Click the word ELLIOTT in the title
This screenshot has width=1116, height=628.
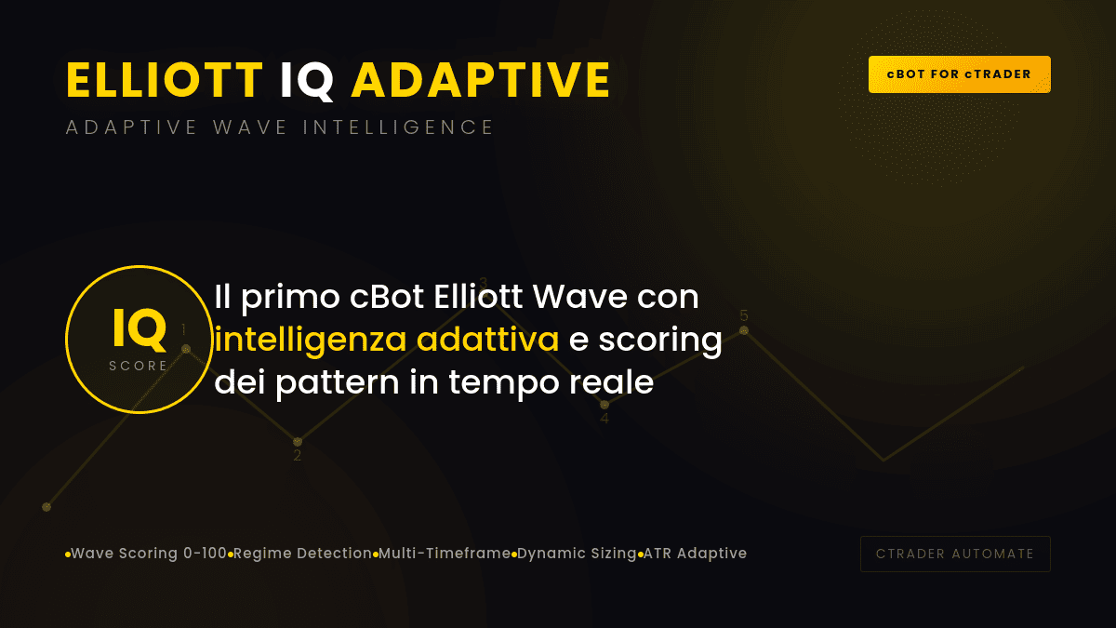click(x=165, y=81)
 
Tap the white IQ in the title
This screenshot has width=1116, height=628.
click(x=307, y=81)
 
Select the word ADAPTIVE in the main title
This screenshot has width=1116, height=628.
click(x=481, y=81)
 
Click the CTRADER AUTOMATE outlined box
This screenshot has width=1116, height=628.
click(x=955, y=554)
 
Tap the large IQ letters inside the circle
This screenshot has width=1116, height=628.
click(x=139, y=327)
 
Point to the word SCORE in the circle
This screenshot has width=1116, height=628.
click(x=139, y=366)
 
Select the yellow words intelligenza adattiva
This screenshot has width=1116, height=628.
click(x=387, y=340)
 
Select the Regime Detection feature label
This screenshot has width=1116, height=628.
click(x=302, y=554)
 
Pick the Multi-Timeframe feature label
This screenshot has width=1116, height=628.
click(x=445, y=554)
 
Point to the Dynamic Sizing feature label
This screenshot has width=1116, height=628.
click(x=577, y=554)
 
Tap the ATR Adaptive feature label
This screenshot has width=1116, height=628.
click(x=695, y=554)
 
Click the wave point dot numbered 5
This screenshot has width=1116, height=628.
click(x=744, y=330)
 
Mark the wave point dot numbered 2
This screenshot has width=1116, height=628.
click(x=298, y=441)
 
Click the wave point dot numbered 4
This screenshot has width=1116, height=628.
click(x=604, y=405)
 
